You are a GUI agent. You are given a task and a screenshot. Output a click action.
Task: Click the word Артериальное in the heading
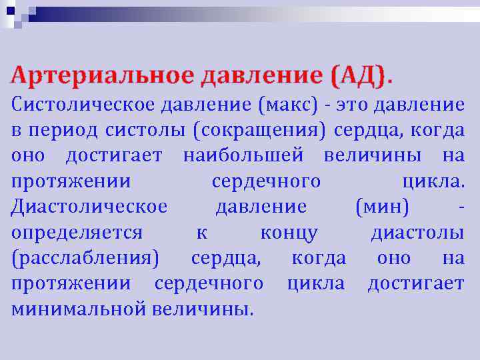coord(101,75)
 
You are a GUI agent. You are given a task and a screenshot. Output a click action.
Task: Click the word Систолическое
coord(83,104)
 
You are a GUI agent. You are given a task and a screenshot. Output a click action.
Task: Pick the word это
coord(353,104)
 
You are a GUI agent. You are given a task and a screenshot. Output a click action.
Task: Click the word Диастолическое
coord(89,207)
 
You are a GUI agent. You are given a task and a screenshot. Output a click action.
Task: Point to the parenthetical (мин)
coord(383,207)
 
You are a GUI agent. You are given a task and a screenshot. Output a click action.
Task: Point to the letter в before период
coord(16,130)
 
